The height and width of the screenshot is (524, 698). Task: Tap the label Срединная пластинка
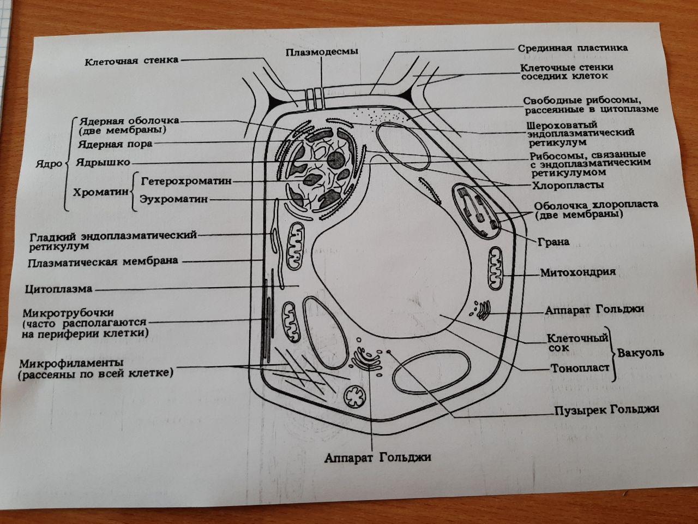coord(573,47)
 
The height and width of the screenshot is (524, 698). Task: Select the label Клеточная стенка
coord(131,61)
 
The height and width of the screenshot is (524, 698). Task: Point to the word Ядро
coord(49,163)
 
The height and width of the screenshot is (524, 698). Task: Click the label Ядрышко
coord(103,162)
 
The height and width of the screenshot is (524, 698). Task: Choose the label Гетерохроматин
coord(186,181)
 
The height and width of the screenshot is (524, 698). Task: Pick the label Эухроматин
coord(174,199)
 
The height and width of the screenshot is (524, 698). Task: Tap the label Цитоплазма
coord(59,289)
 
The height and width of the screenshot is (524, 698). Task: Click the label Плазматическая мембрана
coord(103,261)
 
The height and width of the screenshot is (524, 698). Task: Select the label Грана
coord(553,242)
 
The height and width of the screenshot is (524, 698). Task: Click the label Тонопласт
coord(579,368)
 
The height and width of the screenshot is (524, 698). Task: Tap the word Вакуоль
coord(641,353)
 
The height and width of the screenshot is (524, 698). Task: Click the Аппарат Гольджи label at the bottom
coord(377,457)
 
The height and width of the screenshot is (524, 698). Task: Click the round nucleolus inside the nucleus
coord(336,160)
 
